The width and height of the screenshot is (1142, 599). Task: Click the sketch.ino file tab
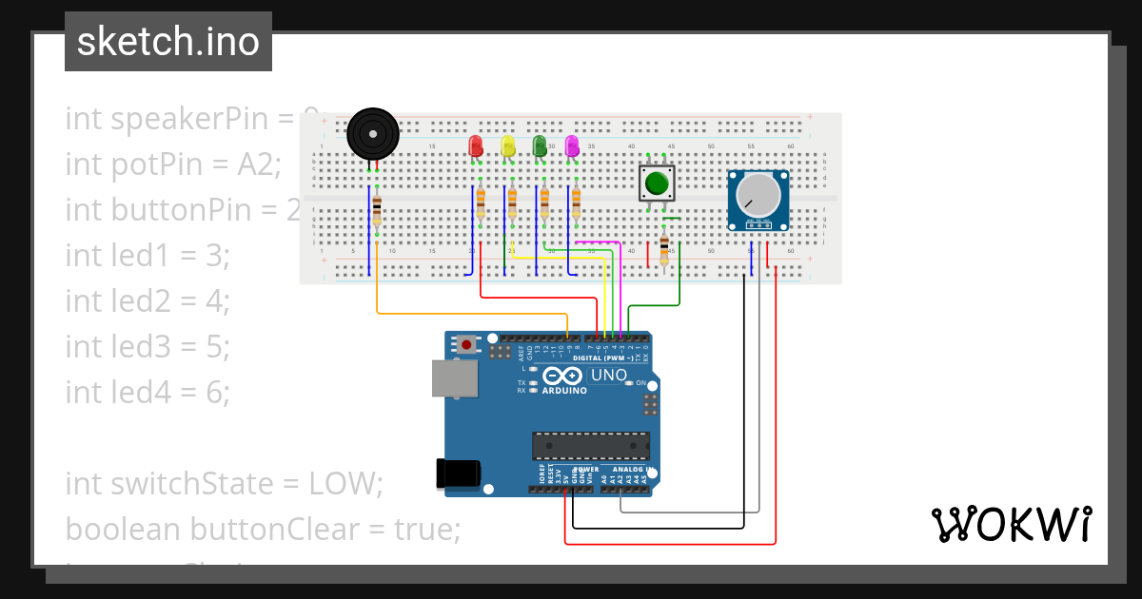tap(168, 42)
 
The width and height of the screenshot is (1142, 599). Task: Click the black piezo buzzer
tap(372, 133)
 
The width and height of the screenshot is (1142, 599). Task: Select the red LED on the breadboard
tap(476, 146)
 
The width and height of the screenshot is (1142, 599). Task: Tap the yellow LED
tap(508, 146)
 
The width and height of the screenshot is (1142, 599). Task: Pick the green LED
tap(540, 146)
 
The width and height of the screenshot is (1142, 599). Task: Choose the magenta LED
tap(572, 146)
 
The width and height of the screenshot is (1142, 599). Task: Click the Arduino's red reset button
tap(467, 344)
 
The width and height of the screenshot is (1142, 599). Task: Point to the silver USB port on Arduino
tap(455, 377)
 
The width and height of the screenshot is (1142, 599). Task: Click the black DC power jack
tap(457, 473)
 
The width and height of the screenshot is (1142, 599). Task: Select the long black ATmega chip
tap(591, 446)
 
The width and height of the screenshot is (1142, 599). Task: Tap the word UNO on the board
tap(609, 376)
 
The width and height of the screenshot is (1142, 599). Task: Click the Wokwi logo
tap(1011, 524)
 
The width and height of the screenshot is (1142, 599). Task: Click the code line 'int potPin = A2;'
tap(173, 164)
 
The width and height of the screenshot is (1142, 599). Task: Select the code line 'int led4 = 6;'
tap(148, 391)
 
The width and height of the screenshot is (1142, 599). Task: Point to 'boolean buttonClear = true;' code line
tap(263, 529)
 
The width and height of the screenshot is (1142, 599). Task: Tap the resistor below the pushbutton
tap(664, 250)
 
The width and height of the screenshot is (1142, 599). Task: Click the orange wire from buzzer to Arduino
tap(476, 313)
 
